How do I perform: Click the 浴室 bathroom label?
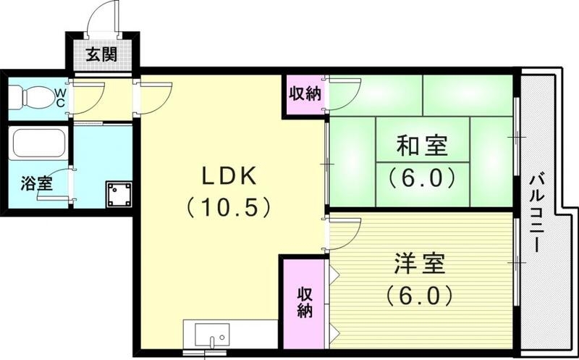click(x=35, y=184)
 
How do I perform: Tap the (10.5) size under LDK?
click(x=228, y=208)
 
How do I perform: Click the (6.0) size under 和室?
click(x=421, y=177)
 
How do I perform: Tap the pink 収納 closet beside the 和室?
click(x=305, y=94)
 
